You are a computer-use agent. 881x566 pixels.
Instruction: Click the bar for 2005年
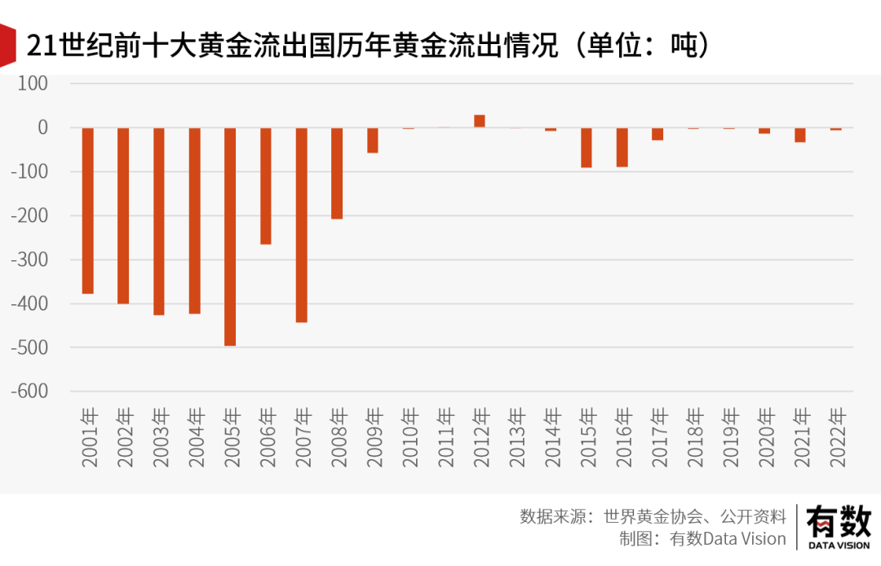[x=230, y=237]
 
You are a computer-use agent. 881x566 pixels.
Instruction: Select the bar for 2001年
[x=88, y=210]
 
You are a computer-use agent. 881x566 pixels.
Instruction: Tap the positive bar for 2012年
[x=480, y=121]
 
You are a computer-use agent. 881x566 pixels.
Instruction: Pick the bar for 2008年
[x=337, y=173]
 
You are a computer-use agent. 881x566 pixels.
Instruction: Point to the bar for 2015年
[x=587, y=148]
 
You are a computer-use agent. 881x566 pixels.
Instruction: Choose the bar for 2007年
[x=302, y=225]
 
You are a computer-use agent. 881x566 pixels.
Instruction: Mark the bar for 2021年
[x=800, y=135]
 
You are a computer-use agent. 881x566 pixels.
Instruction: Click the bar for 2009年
[x=373, y=140]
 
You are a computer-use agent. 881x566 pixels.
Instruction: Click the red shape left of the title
[x=7, y=46]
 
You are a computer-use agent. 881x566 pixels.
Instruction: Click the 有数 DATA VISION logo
[x=838, y=527]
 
